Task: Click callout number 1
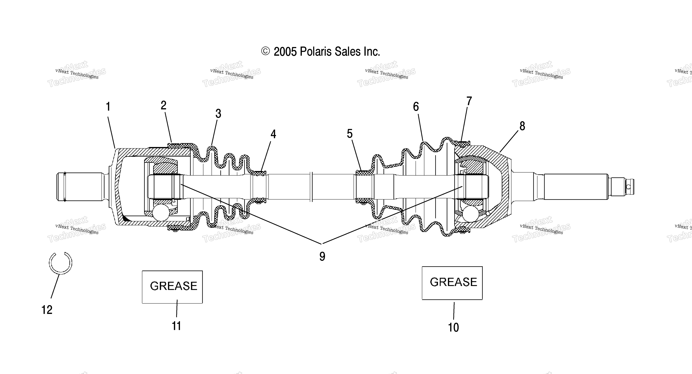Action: tap(108, 107)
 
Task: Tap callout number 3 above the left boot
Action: tap(218, 114)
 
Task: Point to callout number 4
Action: tap(273, 134)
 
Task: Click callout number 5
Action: tap(349, 134)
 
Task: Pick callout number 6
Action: tap(416, 107)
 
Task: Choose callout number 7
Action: tap(469, 101)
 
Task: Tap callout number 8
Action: tap(522, 126)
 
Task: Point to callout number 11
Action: tap(176, 326)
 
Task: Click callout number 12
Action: tap(47, 310)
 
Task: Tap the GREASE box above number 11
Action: tap(172, 287)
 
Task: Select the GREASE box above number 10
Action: tap(452, 283)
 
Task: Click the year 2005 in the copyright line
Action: tap(285, 52)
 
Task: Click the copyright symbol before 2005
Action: tap(265, 51)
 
